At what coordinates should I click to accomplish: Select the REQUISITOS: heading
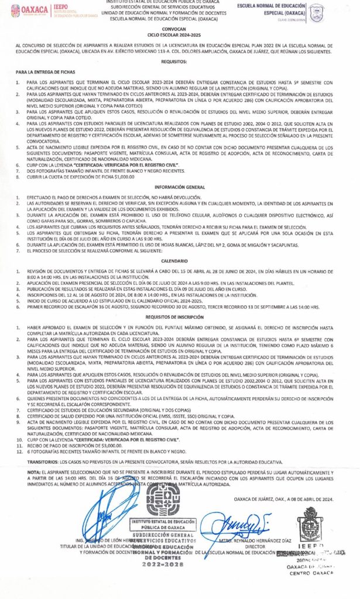click(180, 61)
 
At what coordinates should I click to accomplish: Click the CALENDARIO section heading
click(180, 260)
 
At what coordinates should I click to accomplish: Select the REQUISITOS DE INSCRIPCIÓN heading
click(180, 316)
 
